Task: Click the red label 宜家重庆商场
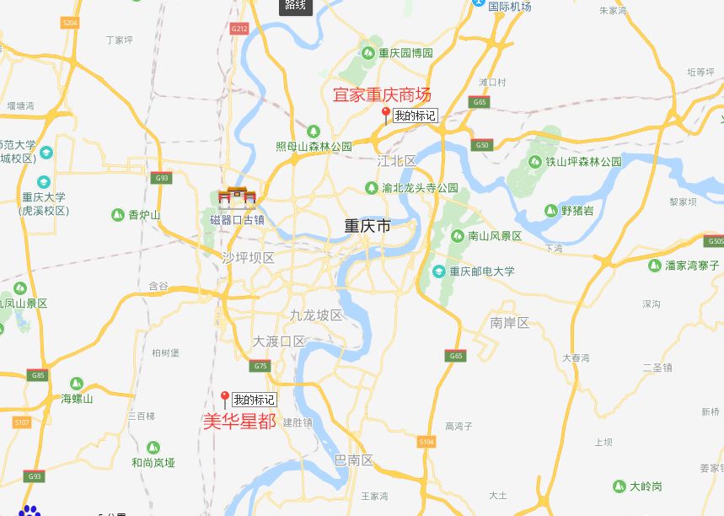382,95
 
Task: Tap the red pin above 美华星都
225,398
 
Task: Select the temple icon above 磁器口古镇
237,199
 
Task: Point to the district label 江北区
397,160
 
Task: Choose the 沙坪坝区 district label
249,257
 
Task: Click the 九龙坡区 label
316,315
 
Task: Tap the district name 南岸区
509,323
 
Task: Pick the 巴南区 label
354,460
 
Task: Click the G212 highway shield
239,29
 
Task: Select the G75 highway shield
260,366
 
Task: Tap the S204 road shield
70,23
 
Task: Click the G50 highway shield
482,145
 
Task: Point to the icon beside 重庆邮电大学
438,271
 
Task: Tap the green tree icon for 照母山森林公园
314,132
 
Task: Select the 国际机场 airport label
510,7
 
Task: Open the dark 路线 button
296,6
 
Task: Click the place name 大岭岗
646,486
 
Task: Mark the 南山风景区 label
495,236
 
